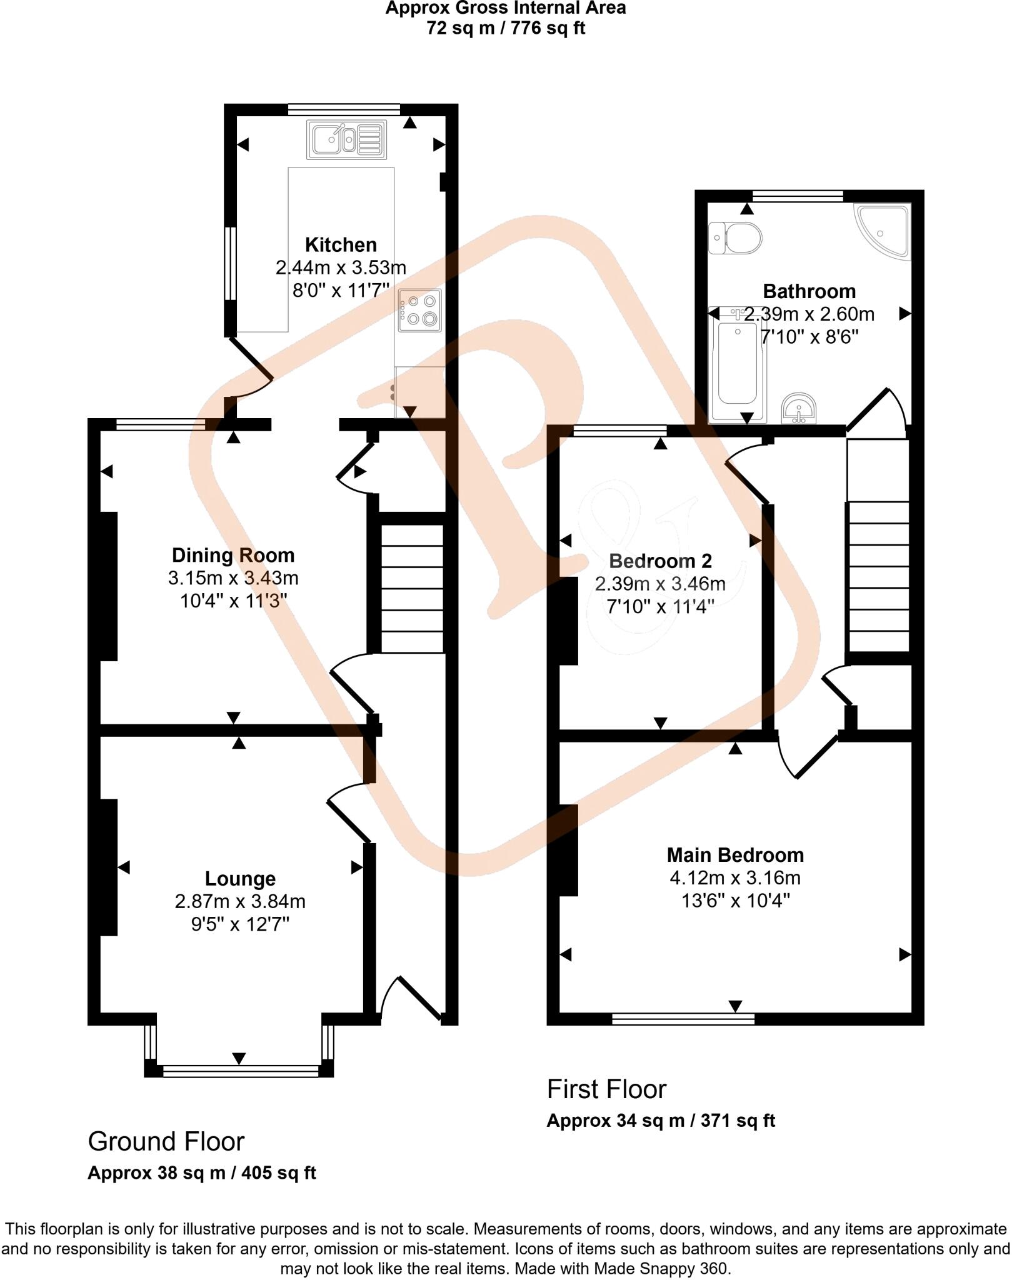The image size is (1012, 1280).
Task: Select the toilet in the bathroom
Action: click(736, 237)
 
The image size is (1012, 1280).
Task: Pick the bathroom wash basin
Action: click(799, 409)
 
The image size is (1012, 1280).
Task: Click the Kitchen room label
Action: click(341, 244)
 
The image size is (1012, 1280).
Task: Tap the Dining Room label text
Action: click(233, 555)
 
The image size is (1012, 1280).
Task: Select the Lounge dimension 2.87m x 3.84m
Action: click(240, 901)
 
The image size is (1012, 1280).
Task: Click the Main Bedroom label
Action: click(735, 855)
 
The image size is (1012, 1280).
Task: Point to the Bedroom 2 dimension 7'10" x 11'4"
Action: click(660, 606)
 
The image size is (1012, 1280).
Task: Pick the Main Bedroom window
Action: click(683, 1019)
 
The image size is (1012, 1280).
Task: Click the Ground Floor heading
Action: click(166, 1141)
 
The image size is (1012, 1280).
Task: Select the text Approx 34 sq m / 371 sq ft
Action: click(661, 1121)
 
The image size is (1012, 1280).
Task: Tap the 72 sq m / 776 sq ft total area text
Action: click(506, 28)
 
